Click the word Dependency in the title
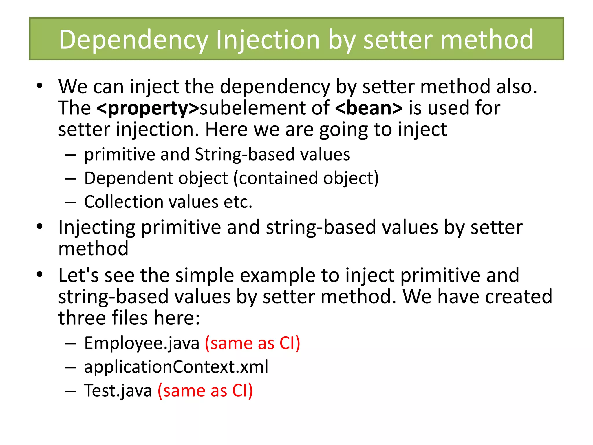[133, 40]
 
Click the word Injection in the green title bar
[268, 40]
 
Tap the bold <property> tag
[148, 108]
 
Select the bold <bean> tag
[369, 108]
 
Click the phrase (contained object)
[306, 178]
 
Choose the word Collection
[123, 202]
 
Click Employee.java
[142, 343]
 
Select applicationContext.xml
[176, 367]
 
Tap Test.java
[118, 391]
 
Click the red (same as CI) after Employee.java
[252, 343]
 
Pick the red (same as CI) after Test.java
[205, 391]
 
